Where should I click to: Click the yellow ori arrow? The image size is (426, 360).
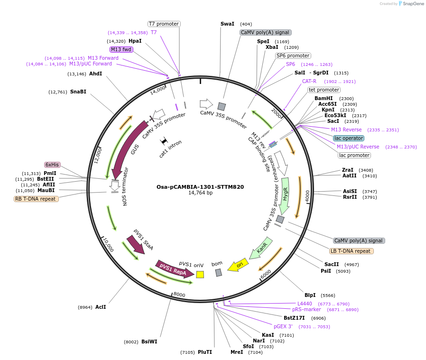(239, 266)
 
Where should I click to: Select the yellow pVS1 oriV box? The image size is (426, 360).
(200, 274)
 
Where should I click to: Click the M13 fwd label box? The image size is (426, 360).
(121, 49)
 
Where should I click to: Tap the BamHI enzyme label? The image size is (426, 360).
(324, 98)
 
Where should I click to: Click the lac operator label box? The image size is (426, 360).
(349, 138)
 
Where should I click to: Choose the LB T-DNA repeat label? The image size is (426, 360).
(352, 251)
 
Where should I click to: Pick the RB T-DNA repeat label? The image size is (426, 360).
(37, 199)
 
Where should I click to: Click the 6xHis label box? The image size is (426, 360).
(52, 165)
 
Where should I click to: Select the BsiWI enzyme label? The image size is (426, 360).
(149, 342)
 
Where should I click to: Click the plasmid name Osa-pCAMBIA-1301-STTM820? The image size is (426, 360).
(200, 187)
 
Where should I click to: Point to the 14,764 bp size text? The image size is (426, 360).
(200, 193)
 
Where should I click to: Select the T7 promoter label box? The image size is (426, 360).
(164, 24)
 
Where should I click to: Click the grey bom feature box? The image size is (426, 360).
(219, 272)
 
